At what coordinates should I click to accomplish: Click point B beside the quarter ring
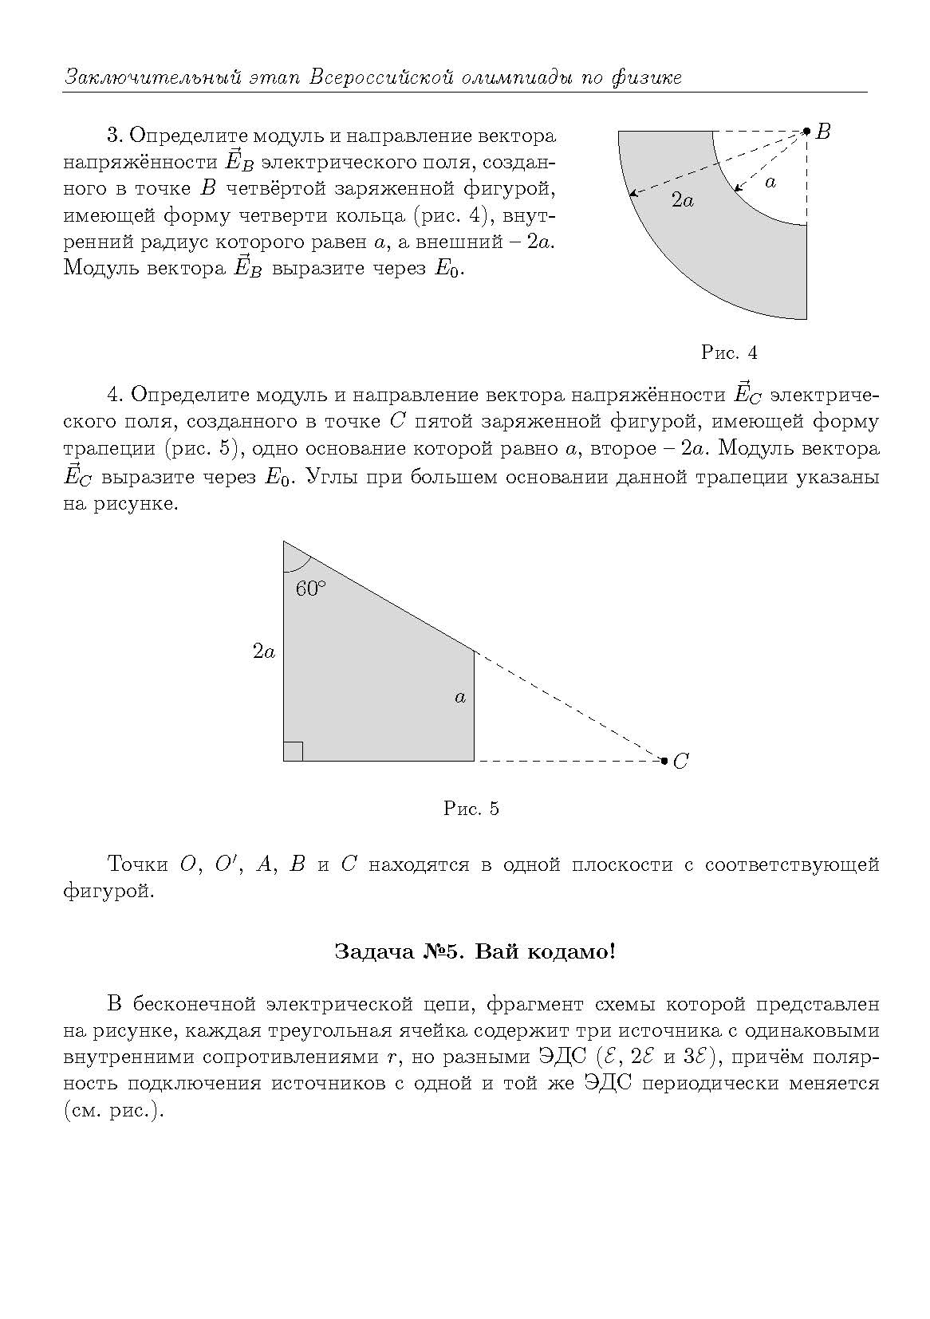[x=806, y=131]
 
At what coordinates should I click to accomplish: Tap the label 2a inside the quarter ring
[x=682, y=201]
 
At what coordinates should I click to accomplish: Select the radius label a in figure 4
[x=770, y=183]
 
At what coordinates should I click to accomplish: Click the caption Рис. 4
[x=728, y=352]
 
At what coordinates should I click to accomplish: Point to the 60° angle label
[x=311, y=589]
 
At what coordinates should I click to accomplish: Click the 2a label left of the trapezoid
[x=264, y=652]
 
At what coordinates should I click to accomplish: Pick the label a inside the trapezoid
[x=460, y=698]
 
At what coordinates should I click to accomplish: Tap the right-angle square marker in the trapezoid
[x=293, y=751]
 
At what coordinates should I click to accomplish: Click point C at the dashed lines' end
[x=664, y=761]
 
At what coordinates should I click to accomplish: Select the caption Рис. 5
[x=471, y=809]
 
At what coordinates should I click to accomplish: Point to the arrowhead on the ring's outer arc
[x=632, y=194]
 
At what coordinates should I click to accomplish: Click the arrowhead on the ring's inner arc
[x=737, y=189]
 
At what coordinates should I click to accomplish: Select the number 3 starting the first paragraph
[x=112, y=135]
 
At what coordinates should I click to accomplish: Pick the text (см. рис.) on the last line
[x=113, y=1111]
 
